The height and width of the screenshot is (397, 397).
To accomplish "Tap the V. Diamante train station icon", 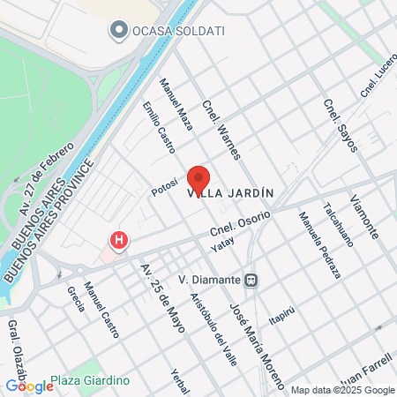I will (252, 280).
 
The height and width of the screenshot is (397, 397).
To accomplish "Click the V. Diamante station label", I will (210, 280).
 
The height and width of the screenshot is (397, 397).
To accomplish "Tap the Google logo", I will (29, 386).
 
